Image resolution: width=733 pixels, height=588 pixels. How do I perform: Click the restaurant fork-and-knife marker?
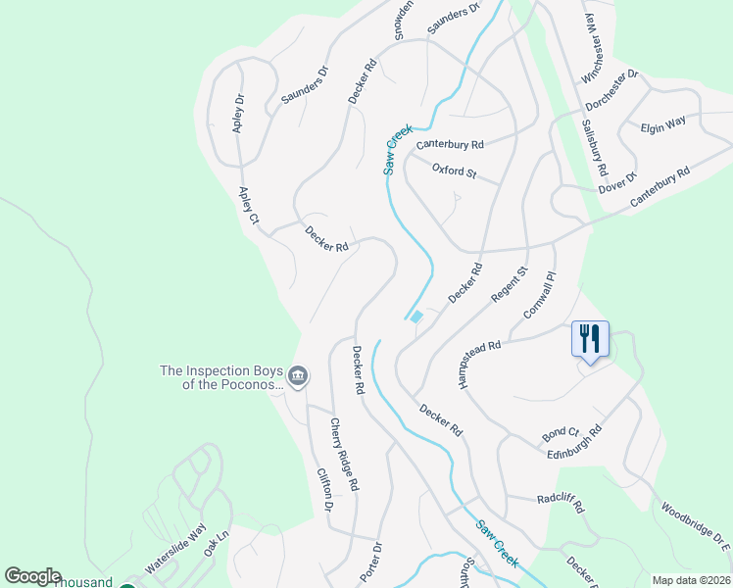[x=590, y=339]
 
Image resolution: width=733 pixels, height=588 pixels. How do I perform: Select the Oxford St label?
[x=454, y=172]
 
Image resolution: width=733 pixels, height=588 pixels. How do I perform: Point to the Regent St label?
[x=510, y=284]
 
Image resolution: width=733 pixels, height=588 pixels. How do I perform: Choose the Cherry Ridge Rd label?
[x=343, y=454]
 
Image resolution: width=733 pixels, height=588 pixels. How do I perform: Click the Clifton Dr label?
[x=324, y=489]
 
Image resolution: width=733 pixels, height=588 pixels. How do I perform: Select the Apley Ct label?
[x=247, y=207]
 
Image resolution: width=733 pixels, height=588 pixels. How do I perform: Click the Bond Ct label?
[x=561, y=433]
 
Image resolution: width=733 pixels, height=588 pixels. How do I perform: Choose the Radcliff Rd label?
[x=561, y=504]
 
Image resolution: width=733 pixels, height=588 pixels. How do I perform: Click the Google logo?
[x=32, y=576]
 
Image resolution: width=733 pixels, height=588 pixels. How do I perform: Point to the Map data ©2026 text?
[x=690, y=580]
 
